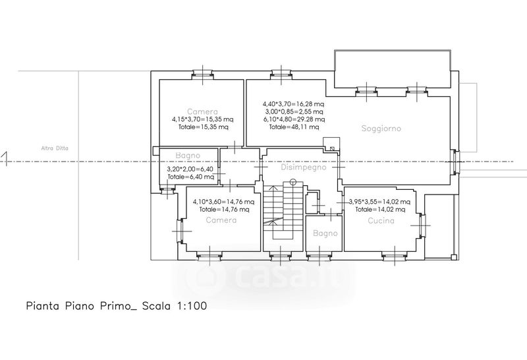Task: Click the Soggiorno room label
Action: coord(381,128)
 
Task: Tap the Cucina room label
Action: coord(381,221)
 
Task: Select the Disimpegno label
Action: coord(304,167)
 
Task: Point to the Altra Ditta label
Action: coord(55,148)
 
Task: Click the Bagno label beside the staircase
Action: coord(325,233)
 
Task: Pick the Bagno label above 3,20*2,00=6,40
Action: coord(188,156)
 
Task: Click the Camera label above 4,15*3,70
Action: coord(202,111)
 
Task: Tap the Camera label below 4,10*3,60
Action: coord(221,220)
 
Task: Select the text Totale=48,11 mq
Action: coord(294,127)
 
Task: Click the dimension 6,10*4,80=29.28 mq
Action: coord(294,119)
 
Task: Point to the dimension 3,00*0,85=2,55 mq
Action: coord(294,111)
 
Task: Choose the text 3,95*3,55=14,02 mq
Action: coord(379,202)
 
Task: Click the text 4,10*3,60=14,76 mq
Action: coord(223,202)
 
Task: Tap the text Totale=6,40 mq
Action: coord(191,177)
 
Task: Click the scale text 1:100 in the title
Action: coord(192,306)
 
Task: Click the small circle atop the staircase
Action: coord(293,183)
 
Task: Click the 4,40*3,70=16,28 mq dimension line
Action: coord(293,104)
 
